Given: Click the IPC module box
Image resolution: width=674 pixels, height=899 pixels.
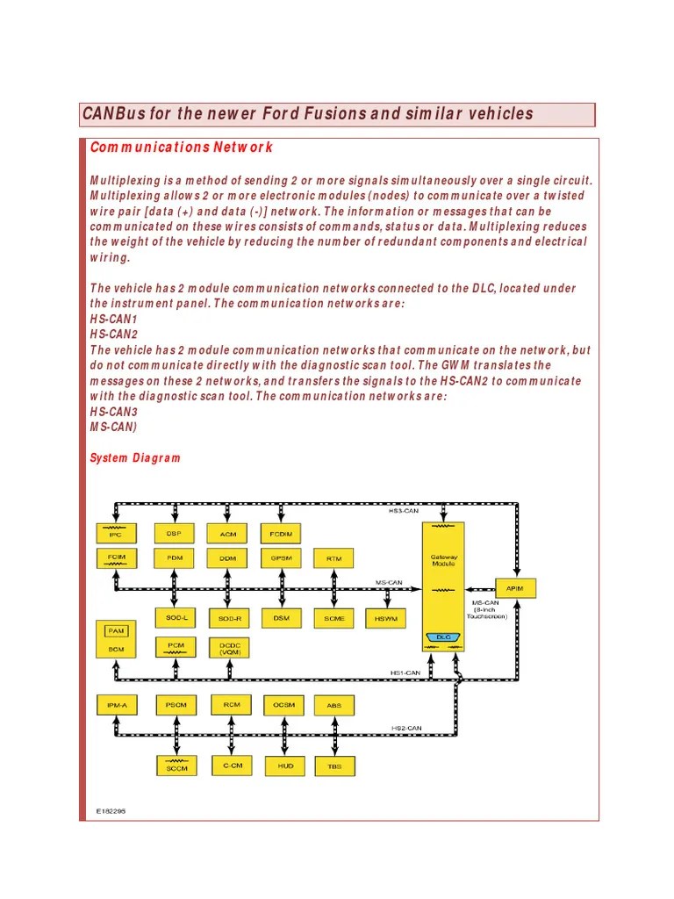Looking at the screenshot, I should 115,533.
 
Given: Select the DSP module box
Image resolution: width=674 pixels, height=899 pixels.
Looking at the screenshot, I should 174,533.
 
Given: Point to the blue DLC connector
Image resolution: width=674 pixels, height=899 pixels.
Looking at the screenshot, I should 443,637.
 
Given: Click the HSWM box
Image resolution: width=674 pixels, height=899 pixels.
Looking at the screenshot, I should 386,618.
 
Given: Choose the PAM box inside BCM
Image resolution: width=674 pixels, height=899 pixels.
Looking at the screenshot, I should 115,630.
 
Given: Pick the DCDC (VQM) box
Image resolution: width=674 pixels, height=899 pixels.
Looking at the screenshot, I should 231,648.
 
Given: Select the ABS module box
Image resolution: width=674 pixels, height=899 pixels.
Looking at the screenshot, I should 334,705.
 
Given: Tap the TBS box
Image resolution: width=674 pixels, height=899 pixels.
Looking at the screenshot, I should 334,766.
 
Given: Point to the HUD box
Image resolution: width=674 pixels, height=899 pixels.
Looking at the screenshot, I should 285,766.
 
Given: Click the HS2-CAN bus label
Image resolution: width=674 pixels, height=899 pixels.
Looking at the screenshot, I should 406,728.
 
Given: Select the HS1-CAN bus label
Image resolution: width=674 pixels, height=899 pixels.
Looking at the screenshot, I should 405,673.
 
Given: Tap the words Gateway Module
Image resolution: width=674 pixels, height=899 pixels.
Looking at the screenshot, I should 443,560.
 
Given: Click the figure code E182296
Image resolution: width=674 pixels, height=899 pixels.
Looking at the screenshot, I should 111,811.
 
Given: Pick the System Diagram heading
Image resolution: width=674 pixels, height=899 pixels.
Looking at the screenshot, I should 136,457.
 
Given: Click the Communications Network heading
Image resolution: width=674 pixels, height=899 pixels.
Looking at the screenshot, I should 182,147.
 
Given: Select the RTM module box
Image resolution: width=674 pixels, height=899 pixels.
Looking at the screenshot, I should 334,558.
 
